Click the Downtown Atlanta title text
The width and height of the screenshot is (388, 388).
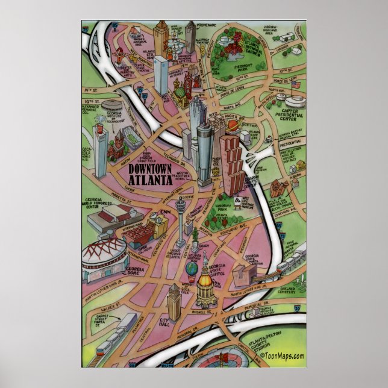(150, 174)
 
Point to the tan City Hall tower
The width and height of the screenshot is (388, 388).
(175, 301)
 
